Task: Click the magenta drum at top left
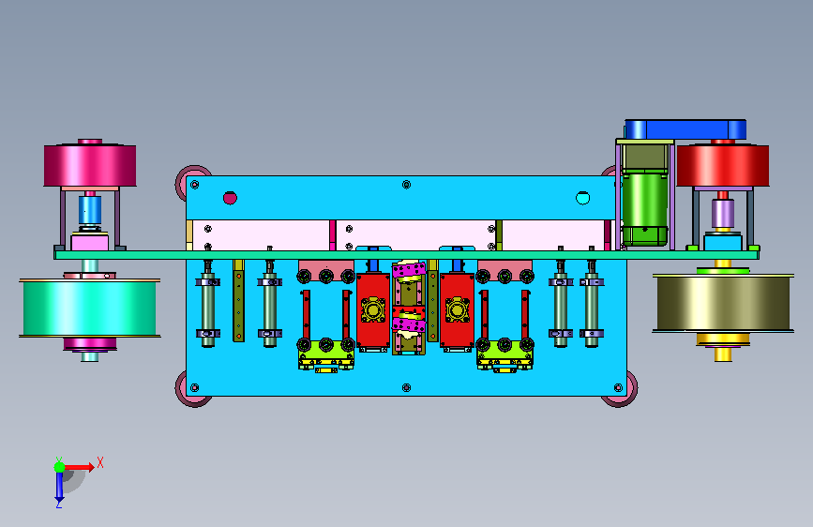point(90,165)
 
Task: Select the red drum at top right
point(723,165)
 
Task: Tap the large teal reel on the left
point(90,309)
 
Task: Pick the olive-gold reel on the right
point(723,303)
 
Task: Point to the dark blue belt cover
point(685,129)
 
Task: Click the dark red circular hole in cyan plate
point(230,198)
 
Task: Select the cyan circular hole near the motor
point(582,198)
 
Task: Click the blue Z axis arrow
point(59,487)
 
